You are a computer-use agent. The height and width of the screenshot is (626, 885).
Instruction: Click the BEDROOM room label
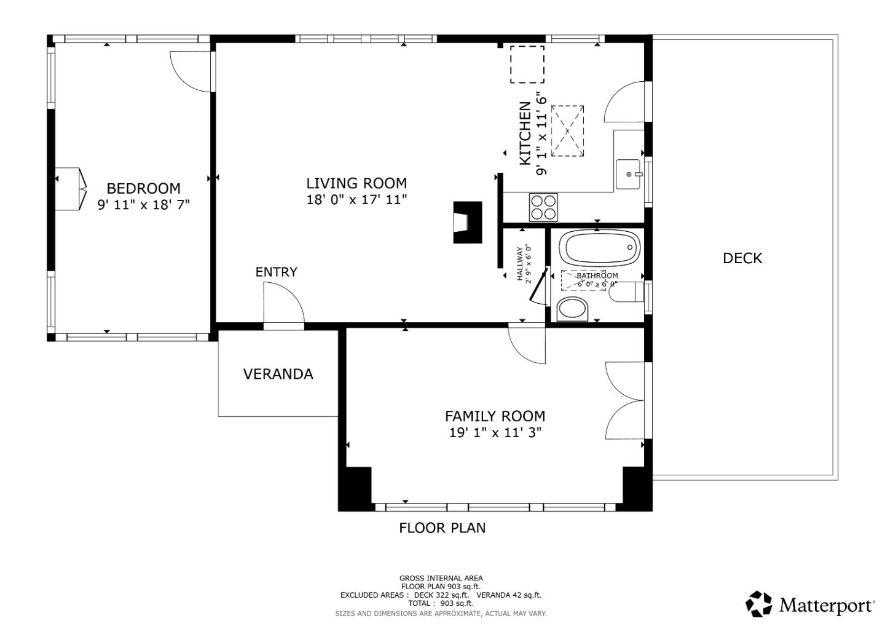[x=143, y=188]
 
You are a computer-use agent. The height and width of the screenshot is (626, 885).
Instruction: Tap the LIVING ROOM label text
[x=356, y=183]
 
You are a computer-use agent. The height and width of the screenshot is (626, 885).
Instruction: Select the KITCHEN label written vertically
[x=525, y=133]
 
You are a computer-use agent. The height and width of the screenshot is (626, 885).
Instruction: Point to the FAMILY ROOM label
[x=495, y=416]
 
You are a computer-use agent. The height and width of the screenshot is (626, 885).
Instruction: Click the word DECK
[x=742, y=258]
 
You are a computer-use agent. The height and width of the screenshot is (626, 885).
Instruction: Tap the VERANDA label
[x=278, y=374]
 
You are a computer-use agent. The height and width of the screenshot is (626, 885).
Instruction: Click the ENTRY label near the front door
[x=276, y=272]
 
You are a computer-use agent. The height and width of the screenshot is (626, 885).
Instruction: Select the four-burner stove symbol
[x=543, y=207]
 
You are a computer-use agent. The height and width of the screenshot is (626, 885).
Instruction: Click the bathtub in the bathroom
[x=599, y=248]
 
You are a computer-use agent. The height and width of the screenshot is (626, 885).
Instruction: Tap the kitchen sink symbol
[x=629, y=174]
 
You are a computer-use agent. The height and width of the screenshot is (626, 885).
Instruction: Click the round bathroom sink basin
[x=572, y=309]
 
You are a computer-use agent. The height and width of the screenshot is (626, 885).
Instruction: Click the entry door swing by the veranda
[x=283, y=303]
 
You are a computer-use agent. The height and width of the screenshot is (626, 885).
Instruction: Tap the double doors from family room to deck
[x=625, y=401]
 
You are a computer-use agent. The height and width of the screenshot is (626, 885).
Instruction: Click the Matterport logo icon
[x=758, y=604]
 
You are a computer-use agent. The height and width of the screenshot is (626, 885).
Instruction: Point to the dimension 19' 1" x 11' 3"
[x=495, y=432]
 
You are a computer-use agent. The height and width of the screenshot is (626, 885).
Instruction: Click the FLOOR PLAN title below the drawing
[x=442, y=528]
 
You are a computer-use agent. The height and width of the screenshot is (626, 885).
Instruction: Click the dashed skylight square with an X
[x=567, y=130]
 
